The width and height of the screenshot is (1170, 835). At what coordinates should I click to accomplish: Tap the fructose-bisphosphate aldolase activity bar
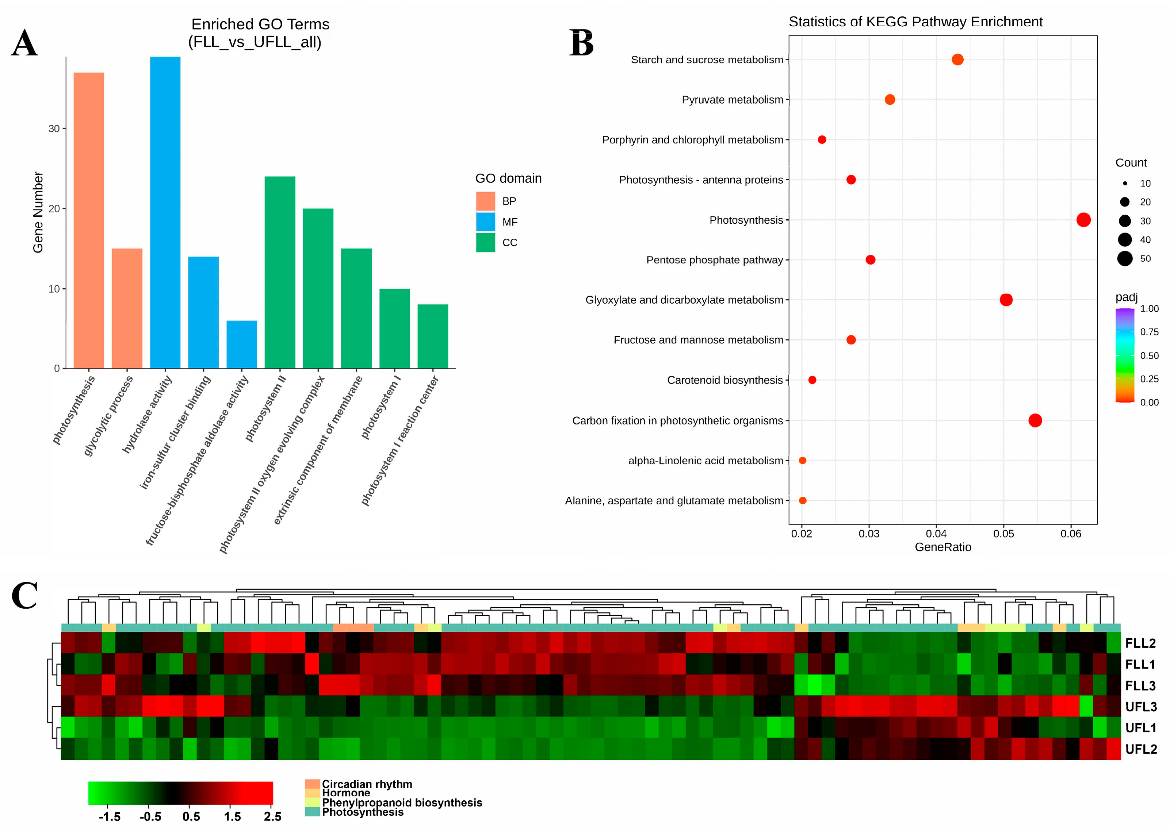[241, 344]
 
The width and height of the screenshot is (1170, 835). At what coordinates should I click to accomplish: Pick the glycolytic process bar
[127, 308]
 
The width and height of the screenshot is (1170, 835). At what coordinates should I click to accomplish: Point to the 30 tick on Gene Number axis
[54, 128]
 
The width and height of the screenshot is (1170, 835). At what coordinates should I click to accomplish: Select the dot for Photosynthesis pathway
[1083, 220]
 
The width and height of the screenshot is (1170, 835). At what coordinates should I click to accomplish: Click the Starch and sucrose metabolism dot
[957, 59]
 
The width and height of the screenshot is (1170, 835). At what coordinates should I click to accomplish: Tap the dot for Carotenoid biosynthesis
[812, 380]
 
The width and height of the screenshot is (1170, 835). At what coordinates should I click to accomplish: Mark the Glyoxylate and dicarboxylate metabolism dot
[1006, 300]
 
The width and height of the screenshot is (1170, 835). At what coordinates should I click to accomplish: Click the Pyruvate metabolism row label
[732, 100]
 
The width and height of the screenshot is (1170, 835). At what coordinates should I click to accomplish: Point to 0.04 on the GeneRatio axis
[936, 534]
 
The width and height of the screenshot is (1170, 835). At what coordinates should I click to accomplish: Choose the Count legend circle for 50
[1125, 259]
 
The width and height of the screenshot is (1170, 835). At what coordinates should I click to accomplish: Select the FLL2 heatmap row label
[1140, 643]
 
